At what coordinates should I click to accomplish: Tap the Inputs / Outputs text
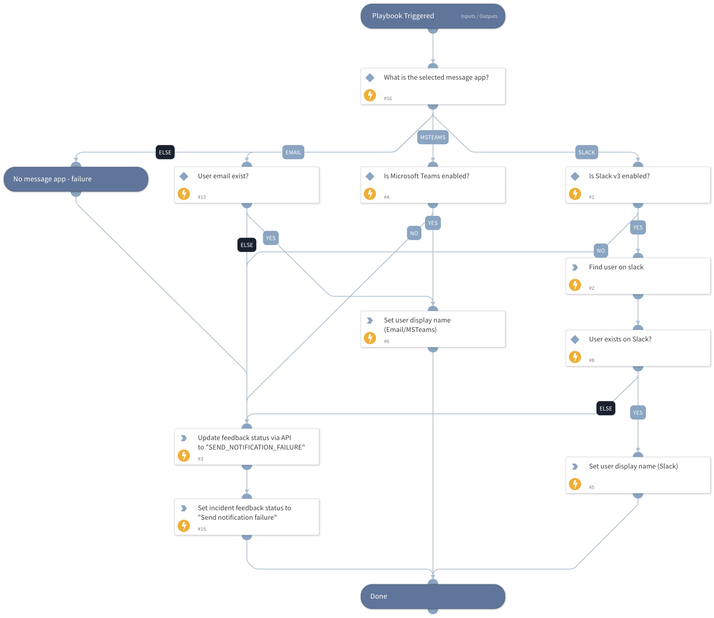pyautogui.click(x=479, y=16)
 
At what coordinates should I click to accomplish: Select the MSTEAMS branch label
pyautogui.click(x=433, y=137)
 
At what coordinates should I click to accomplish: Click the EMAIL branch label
pyautogui.click(x=293, y=153)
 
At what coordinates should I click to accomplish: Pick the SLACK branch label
pyautogui.click(x=586, y=153)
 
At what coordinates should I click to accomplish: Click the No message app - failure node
pyautogui.click(x=76, y=179)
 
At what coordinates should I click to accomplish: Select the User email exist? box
pyautogui.click(x=247, y=185)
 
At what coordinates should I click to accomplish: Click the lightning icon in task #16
pyautogui.click(x=370, y=95)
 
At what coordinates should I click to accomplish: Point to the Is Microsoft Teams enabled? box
pyautogui.click(x=433, y=185)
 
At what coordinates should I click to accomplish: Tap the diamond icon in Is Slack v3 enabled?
pyautogui.click(x=575, y=176)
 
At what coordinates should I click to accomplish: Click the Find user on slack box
pyautogui.click(x=638, y=276)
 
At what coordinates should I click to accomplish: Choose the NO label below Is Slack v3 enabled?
pyautogui.click(x=600, y=251)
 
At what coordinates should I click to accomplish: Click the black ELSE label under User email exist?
pyautogui.click(x=246, y=245)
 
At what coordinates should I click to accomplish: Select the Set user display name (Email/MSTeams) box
pyautogui.click(x=433, y=329)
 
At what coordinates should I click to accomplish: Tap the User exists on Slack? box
pyautogui.click(x=638, y=348)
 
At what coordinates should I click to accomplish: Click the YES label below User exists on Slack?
pyautogui.click(x=638, y=413)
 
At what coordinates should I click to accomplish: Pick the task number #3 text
pyautogui.click(x=201, y=459)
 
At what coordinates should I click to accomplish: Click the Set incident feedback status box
pyautogui.click(x=247, y=517)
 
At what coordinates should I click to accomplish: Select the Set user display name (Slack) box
pyautogui.click(x=638, y=475)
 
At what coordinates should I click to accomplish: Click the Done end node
pyautogui.click(x=433, y=596)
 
